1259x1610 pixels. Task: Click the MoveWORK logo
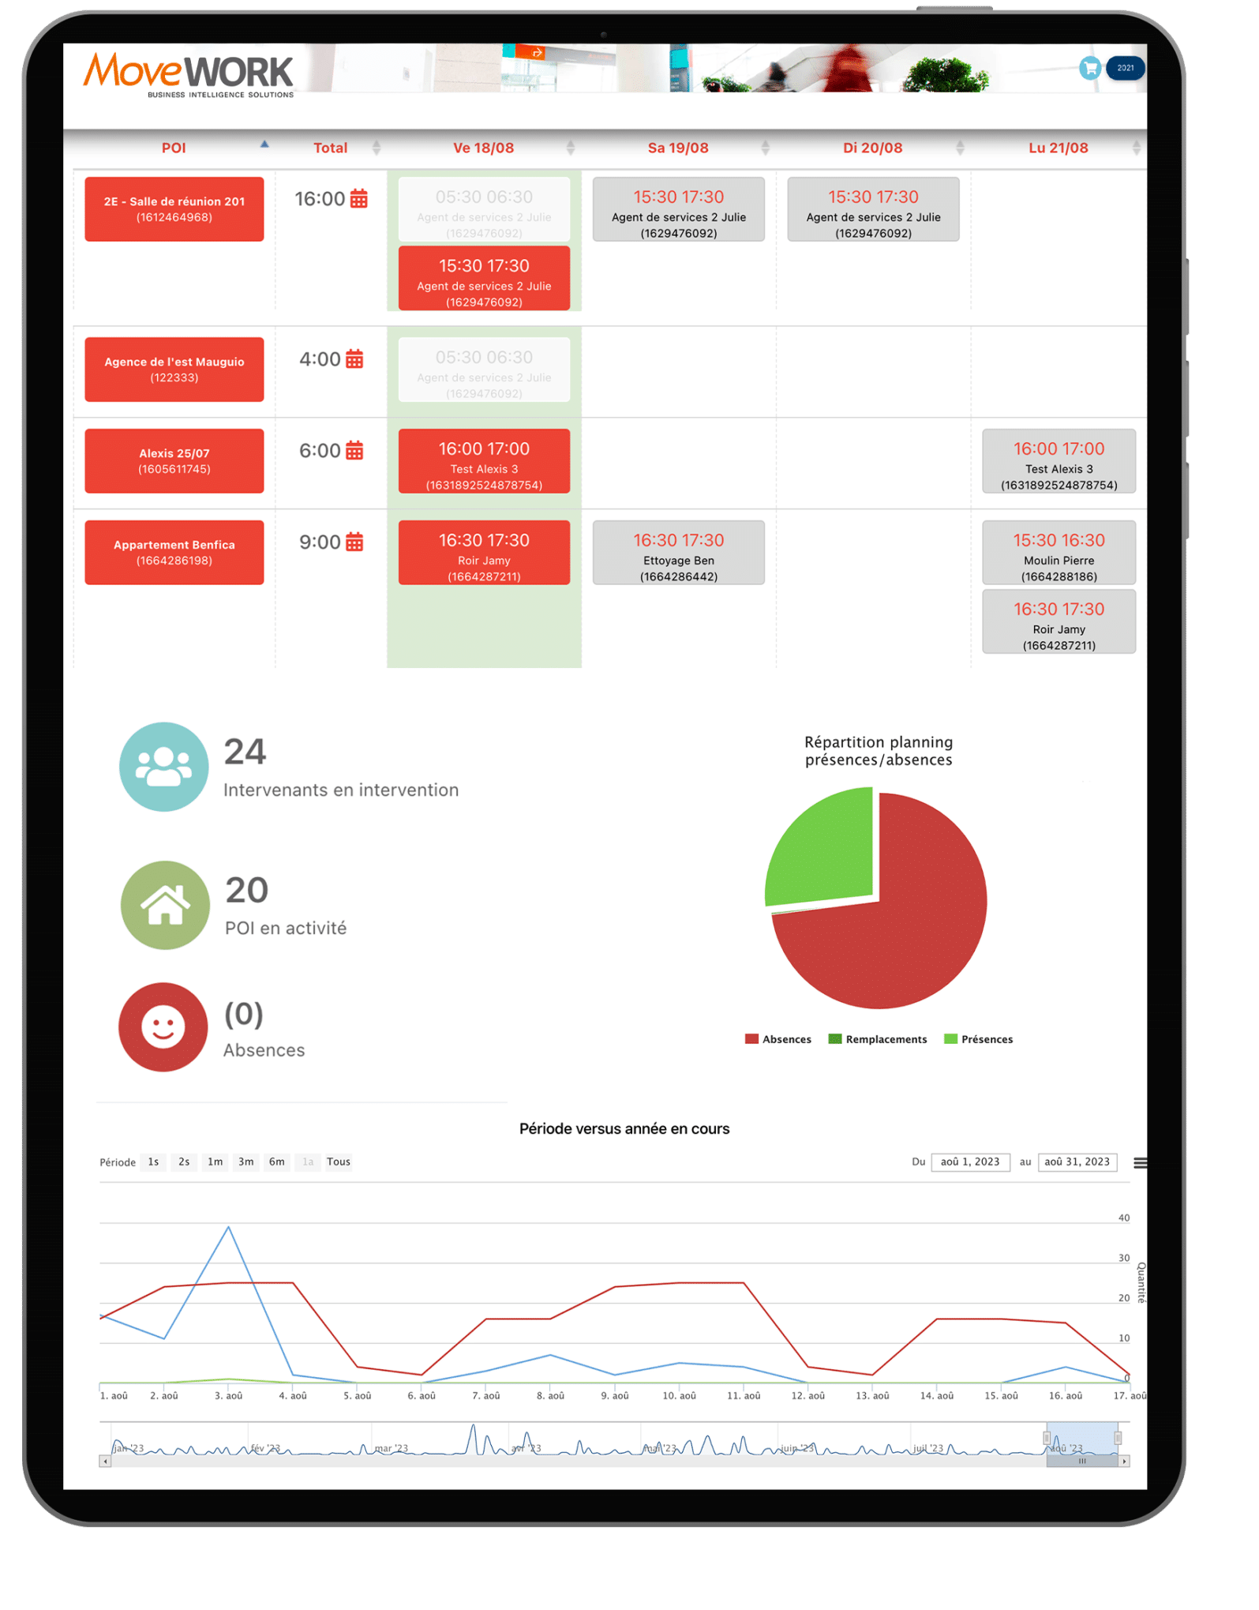[188, 74]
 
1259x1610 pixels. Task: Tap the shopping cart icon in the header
[1089, 69]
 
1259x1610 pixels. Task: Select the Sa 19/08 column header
[677, 148]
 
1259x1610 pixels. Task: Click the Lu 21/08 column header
[1058, 148]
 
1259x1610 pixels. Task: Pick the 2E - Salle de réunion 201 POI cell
[174, 209]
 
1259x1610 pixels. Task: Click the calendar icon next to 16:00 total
[359, 199]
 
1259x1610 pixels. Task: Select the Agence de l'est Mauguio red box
[174, 370]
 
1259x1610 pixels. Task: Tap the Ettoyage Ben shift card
[678, 553]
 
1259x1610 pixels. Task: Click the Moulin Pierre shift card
[1059, 553]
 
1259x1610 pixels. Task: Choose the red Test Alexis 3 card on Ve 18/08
[484, 461]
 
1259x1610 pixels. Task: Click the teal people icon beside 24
[163, 767]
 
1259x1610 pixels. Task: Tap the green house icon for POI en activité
[165, 905]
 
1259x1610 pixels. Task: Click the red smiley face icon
[163, 1026]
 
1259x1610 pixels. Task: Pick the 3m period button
[246, 1162]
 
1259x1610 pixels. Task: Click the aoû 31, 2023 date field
[1077, 1162]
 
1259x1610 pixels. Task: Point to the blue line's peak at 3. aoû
[229, 1227]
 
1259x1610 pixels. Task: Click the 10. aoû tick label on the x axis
[679, 1395]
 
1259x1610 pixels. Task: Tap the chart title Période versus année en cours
[624, 1128]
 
